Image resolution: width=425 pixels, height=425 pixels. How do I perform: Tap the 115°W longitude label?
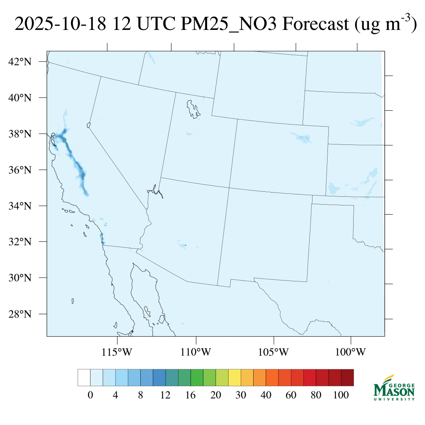click(117, 352)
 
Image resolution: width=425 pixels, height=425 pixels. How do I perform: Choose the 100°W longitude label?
click(352, 352)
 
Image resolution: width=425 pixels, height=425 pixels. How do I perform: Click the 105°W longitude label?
click(274, 352)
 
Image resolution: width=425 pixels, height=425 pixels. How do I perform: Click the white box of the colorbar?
click(84, 378)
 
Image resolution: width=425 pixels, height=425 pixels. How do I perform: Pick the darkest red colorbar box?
click(347, 378)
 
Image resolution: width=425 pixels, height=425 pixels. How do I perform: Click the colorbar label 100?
click(341, 396)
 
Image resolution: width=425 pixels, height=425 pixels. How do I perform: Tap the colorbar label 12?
click(165, 396)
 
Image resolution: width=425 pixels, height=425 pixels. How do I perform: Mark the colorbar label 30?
click(241, 396)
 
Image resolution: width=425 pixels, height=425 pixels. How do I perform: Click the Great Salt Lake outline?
click(193, 109)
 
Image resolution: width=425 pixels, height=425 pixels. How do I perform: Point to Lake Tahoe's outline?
click(88, 125)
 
